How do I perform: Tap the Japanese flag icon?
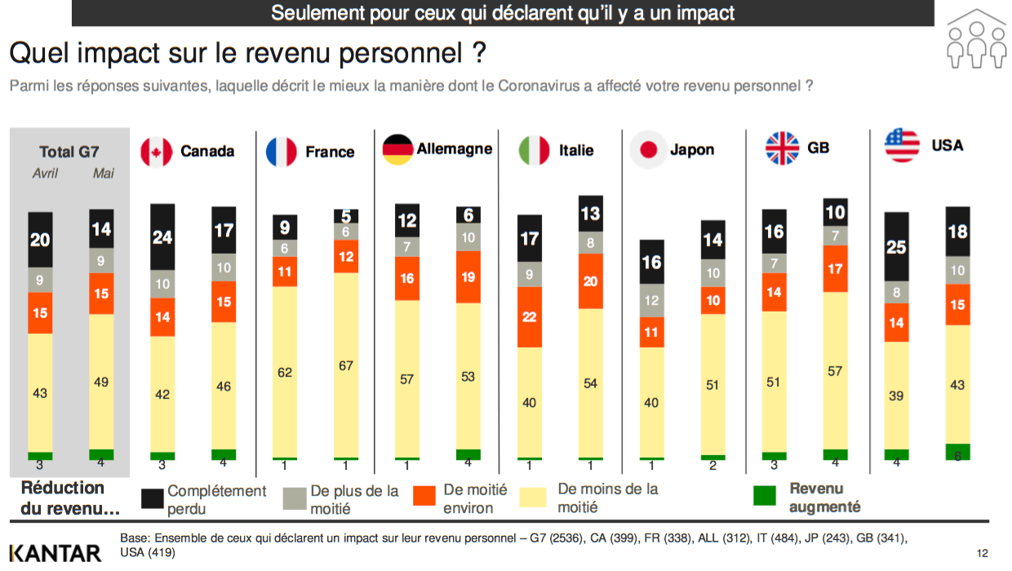click(648, 150)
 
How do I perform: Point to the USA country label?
click(947, 145)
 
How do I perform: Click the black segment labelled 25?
click(897, 246)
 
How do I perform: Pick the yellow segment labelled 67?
click(346, 365)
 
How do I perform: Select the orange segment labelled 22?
click(529, 316)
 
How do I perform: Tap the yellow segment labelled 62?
click(285, 372)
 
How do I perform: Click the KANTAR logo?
click(55, 553)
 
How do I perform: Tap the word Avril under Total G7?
click(45, 174)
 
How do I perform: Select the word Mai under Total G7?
click(104, 174)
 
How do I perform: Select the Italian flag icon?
click(534, 150)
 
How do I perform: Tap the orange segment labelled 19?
click(468, 277)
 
